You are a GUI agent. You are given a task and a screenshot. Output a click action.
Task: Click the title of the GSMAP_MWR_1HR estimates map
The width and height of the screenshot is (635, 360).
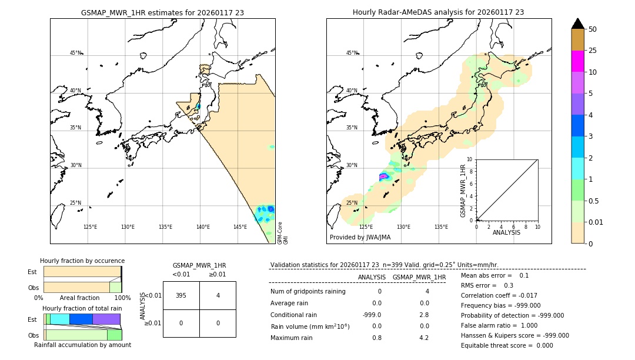162,12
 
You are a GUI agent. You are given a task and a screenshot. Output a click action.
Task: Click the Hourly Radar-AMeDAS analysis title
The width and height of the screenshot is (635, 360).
438,12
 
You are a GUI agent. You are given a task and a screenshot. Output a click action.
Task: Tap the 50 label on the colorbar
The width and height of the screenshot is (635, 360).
593,29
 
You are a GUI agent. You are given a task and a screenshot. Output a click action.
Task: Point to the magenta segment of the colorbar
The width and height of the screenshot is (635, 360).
577,61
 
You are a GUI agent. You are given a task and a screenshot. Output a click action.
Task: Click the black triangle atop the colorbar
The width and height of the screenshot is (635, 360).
577,24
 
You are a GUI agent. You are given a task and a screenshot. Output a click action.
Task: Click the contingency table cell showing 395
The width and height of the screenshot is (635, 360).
181,295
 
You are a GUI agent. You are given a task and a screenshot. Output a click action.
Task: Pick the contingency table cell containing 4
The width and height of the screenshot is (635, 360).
218,295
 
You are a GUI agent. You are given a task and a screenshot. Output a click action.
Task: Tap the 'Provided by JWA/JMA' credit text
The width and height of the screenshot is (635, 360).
360,238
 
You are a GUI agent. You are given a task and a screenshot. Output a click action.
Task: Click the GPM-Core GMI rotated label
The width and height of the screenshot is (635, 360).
282,233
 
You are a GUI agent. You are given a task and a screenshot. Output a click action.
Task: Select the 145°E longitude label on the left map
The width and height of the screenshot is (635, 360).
240,227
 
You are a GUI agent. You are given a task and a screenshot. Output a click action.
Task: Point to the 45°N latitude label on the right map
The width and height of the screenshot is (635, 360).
352,53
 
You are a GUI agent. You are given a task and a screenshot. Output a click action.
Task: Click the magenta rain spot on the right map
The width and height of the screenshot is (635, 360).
383,176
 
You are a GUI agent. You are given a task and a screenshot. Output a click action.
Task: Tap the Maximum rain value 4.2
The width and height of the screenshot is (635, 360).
423,338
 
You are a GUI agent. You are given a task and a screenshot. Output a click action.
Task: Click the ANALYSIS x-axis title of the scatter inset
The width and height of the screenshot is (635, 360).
506,232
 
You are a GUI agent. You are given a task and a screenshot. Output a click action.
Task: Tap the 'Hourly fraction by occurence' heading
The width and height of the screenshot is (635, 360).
82,261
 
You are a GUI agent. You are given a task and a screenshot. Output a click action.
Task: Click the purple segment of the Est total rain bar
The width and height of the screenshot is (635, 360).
106,319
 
